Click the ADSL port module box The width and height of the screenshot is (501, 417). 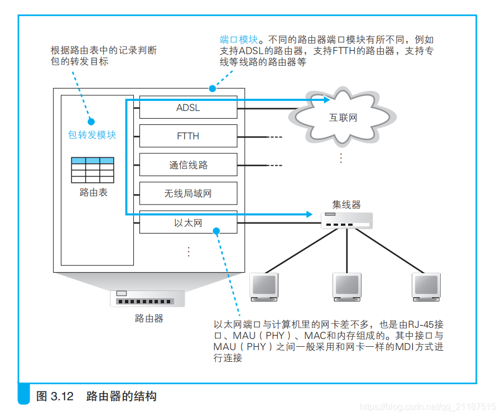pos(188,108)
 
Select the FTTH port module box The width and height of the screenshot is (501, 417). pos(188,136)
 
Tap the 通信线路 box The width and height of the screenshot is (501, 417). pos(188,165)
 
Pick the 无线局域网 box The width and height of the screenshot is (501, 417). pos(188,193)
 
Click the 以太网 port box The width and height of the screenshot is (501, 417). pos(188,222)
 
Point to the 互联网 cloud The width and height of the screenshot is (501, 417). pos(343,118)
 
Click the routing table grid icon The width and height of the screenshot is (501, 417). pos(93,169)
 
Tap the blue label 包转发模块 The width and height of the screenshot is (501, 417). pos(92,135)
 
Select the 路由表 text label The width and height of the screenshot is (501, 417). pos(93,192)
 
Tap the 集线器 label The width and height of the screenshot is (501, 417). pos(346,205)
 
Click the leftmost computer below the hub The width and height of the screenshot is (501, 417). pos(264,287)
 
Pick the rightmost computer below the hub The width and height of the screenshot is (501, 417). pos(427,287)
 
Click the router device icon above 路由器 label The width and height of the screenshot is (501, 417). pos(148,299)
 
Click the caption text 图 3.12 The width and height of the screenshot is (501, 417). pos(55,396)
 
